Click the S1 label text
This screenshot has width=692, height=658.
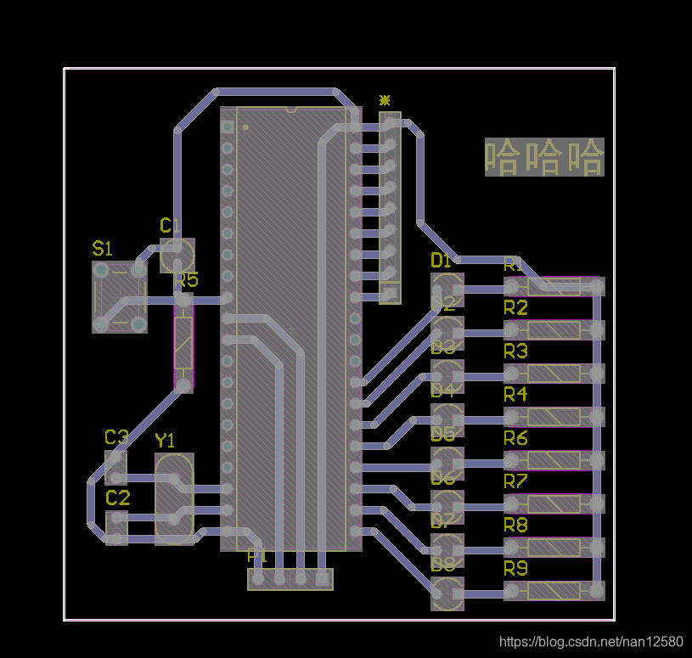point(102,249)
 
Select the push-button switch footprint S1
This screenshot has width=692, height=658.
point(119,296)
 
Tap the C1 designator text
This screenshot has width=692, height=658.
point(170,225)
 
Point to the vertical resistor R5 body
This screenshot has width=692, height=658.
point(183,344)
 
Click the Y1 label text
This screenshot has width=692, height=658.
point(165,440)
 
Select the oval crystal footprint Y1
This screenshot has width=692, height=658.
point(175,498)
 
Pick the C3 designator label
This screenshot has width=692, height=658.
point(116,437)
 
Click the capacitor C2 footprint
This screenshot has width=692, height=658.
point(116,526)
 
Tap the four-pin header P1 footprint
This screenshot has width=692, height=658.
point(290,579)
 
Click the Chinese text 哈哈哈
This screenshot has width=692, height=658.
point(544,157)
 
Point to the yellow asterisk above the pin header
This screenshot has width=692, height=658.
point(385,100)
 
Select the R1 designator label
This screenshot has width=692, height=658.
point(514,264)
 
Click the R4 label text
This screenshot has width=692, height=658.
point(515,394)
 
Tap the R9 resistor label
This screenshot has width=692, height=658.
point(515,568)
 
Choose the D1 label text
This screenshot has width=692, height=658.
point(442,260)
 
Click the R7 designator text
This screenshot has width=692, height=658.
point(515,481)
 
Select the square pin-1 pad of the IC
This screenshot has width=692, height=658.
point(227,127)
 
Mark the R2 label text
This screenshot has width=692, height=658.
point(515,307)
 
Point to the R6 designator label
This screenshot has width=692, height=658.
point(515,438)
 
